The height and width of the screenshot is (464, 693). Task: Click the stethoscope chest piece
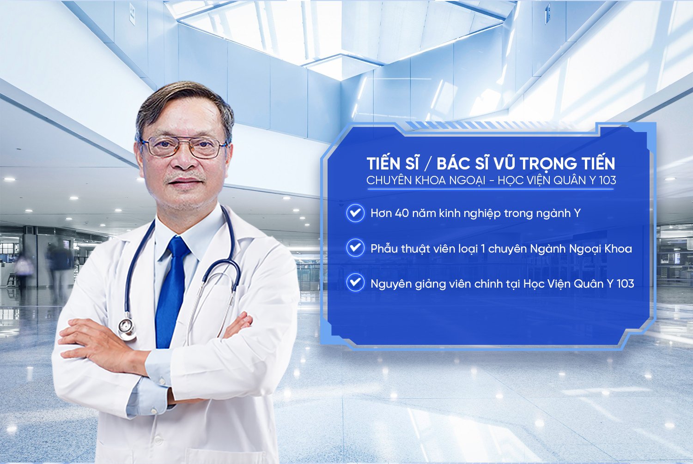click(x=127, y=327)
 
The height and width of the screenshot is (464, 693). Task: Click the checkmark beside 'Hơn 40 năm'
click(x=355, y=213)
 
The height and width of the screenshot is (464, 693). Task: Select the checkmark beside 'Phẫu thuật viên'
click(x=355, y=248)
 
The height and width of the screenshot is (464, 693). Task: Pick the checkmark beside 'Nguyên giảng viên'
click(x=355, y=283)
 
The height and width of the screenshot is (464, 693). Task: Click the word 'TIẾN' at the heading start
click(x=383, y=164)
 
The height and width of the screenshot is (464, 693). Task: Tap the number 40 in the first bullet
click(x=401, y=213)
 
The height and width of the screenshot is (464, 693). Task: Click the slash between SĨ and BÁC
click(x=428, y=164)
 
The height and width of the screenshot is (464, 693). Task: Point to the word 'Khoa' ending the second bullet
click(x=618, y=248)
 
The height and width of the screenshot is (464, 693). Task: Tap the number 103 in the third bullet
click(x=625, y=283)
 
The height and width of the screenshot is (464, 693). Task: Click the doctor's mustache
click(x=186, y=178)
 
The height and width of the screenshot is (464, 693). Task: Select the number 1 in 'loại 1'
click(x=483, y=248)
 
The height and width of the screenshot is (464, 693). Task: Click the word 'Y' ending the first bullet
click(x=577, y=213)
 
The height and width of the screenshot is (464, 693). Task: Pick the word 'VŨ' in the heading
click(x=504, y=164)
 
